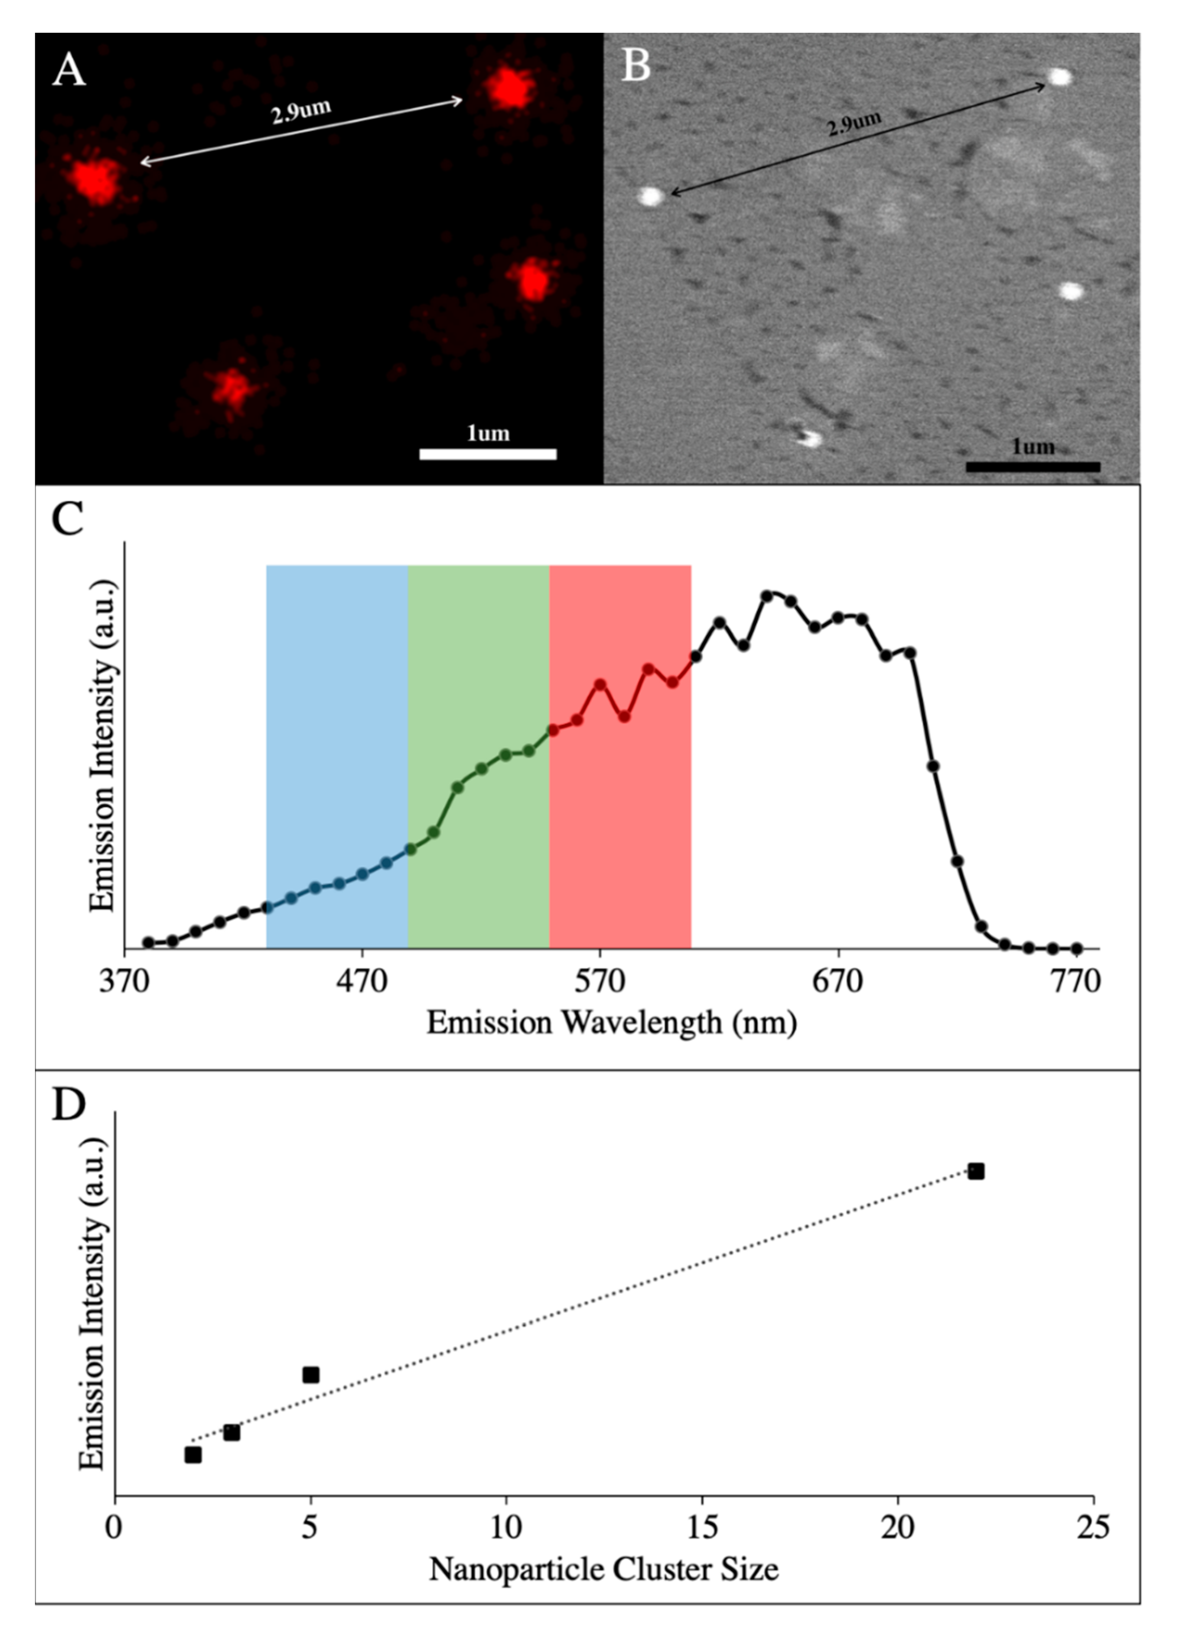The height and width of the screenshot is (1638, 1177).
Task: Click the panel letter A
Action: coord(69,70)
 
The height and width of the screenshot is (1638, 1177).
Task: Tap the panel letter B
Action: coord(635,66)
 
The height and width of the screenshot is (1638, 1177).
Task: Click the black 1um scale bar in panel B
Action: coord(1033,467)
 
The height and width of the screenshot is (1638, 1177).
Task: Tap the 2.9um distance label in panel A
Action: coord(301,112)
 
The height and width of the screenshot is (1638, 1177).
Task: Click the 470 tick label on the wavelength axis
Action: coord(362,982)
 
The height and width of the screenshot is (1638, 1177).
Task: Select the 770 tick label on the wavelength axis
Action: coord(1076,982)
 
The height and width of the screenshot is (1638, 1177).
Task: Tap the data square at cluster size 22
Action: coord(975,1171)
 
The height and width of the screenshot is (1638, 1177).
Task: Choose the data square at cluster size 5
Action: coord(311,1374)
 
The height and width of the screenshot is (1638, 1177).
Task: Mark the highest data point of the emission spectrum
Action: coord(768,596)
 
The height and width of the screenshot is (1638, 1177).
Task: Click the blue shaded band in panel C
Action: coord(337,722)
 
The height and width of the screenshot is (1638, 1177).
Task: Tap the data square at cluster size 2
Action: coord(193,1454)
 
